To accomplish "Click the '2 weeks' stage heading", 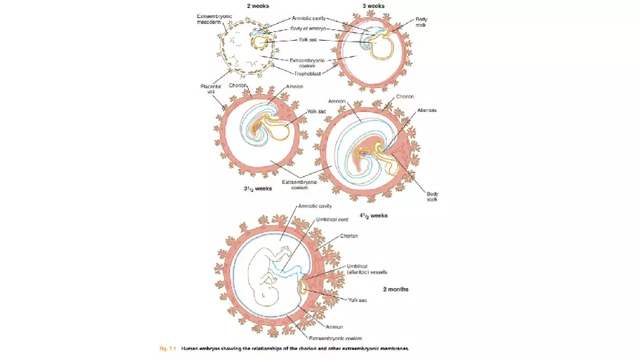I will (259, 6).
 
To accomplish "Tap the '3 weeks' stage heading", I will (373, 6).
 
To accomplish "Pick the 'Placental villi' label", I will (209, 89).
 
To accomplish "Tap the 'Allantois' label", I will (426, 110).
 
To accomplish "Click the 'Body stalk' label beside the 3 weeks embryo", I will (421, 22).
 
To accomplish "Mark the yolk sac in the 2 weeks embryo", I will (259, 41).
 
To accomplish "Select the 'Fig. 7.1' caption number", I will (168, 349).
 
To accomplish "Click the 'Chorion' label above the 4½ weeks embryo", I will (406, 97).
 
